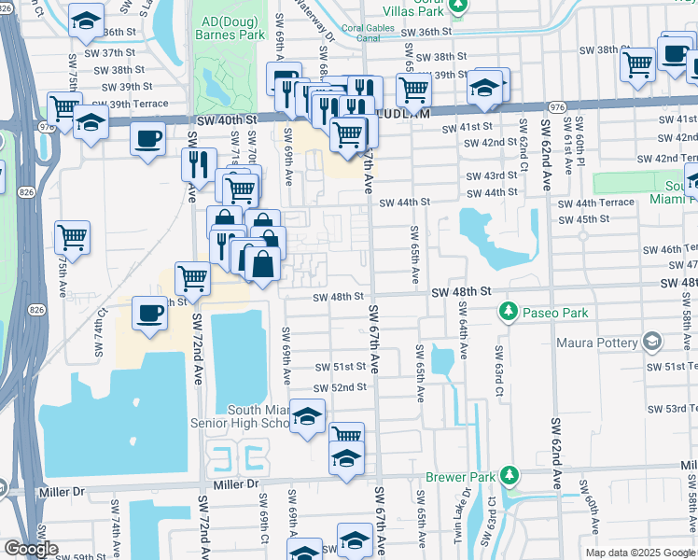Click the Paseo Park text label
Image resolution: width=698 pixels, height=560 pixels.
tap(556, 313)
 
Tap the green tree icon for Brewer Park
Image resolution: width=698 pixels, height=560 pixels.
tap(510, 476)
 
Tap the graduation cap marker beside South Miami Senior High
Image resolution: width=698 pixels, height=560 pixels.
tap(306, 417)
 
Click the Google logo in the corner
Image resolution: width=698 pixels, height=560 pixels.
tap(30, 549)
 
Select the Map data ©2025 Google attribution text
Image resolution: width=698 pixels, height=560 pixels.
tap(640, 552)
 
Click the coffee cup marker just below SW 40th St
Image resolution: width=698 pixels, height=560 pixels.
tap(147, 140)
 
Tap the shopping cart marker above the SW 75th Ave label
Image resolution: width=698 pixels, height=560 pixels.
tap(72, 238)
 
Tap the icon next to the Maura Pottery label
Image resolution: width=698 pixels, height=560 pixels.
tap(652, 343)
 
